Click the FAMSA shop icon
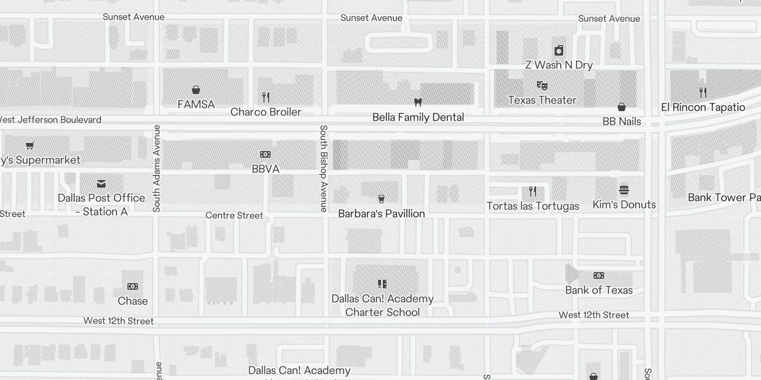195,90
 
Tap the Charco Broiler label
266,112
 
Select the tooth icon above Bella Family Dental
418,102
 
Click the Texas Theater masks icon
542,85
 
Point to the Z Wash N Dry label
558,65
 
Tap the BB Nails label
621,122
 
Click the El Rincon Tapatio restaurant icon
703,92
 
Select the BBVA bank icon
265,154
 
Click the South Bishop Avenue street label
323,168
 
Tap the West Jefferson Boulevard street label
50,120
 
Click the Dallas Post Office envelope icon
101,184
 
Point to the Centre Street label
234,216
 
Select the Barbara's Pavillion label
381,214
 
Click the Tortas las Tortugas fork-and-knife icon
533,191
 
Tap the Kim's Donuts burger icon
624,190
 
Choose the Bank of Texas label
599,290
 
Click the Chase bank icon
133,286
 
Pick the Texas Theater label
542,100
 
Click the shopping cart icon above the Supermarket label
30,145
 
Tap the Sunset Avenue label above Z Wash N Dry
609,19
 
